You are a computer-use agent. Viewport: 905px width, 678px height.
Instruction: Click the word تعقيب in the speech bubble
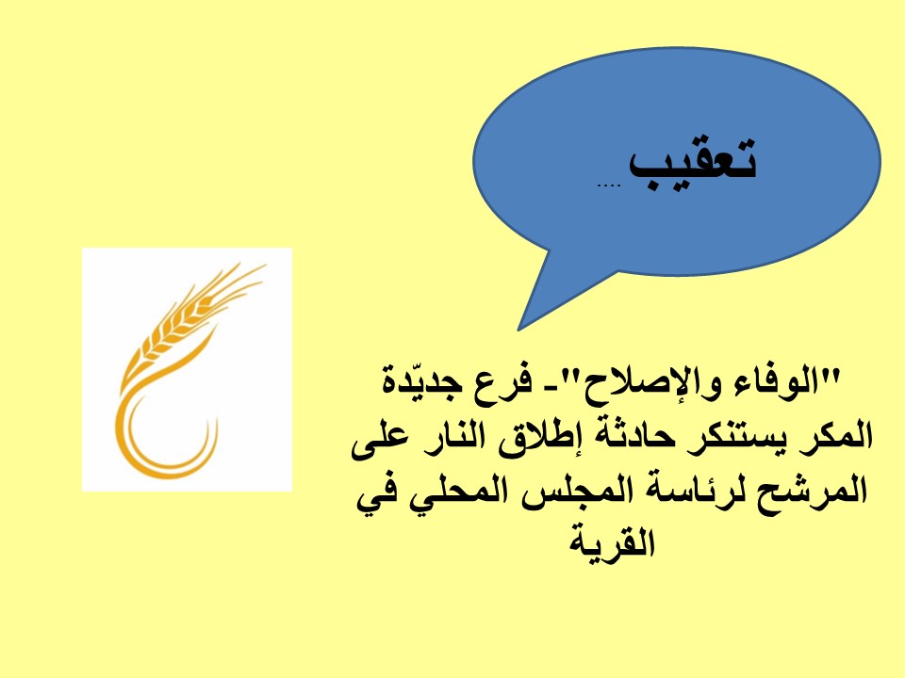click(692, 164)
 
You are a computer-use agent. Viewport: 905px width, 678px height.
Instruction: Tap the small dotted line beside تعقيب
click(608, 186)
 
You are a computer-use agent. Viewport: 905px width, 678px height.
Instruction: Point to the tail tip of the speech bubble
click(518, 330)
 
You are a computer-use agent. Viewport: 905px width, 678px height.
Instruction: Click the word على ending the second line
click(378, 441)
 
